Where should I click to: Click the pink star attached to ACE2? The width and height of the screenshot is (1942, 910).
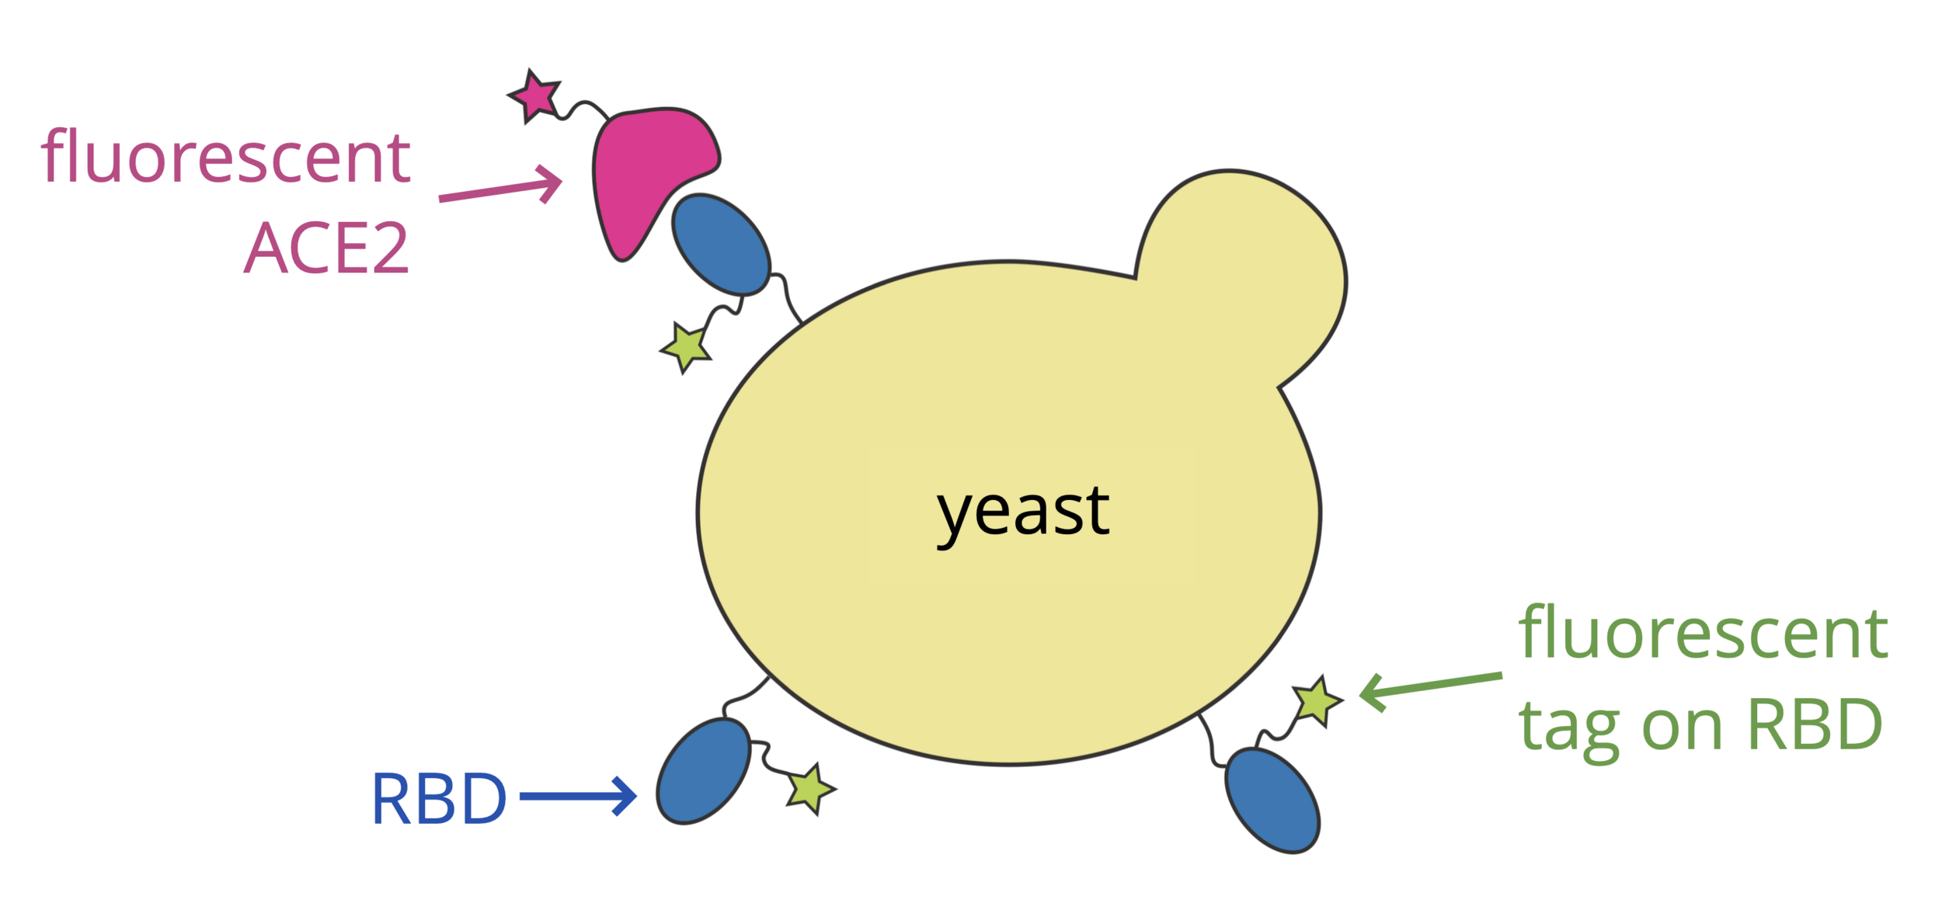coord(534,96)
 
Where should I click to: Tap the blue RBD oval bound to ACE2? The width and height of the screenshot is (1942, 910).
coord(721,245)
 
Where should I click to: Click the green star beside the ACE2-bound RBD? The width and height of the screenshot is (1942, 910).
coord(686,346)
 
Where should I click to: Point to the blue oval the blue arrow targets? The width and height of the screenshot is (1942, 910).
coord(703,771)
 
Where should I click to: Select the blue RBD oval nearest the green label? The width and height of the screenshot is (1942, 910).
coord(1272,801)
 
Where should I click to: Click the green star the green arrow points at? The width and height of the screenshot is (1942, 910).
coord(1316,701)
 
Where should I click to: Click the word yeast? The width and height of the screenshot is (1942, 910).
coord(1023,512)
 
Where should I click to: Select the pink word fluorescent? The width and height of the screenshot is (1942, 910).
coord(225,158)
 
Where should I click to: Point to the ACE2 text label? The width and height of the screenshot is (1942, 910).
coord(326,248)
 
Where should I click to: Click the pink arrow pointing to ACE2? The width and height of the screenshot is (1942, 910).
coord(501,189)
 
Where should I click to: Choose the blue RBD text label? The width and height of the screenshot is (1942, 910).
coord(439,798)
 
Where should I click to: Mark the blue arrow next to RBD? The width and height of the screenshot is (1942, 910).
coord(579,796)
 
